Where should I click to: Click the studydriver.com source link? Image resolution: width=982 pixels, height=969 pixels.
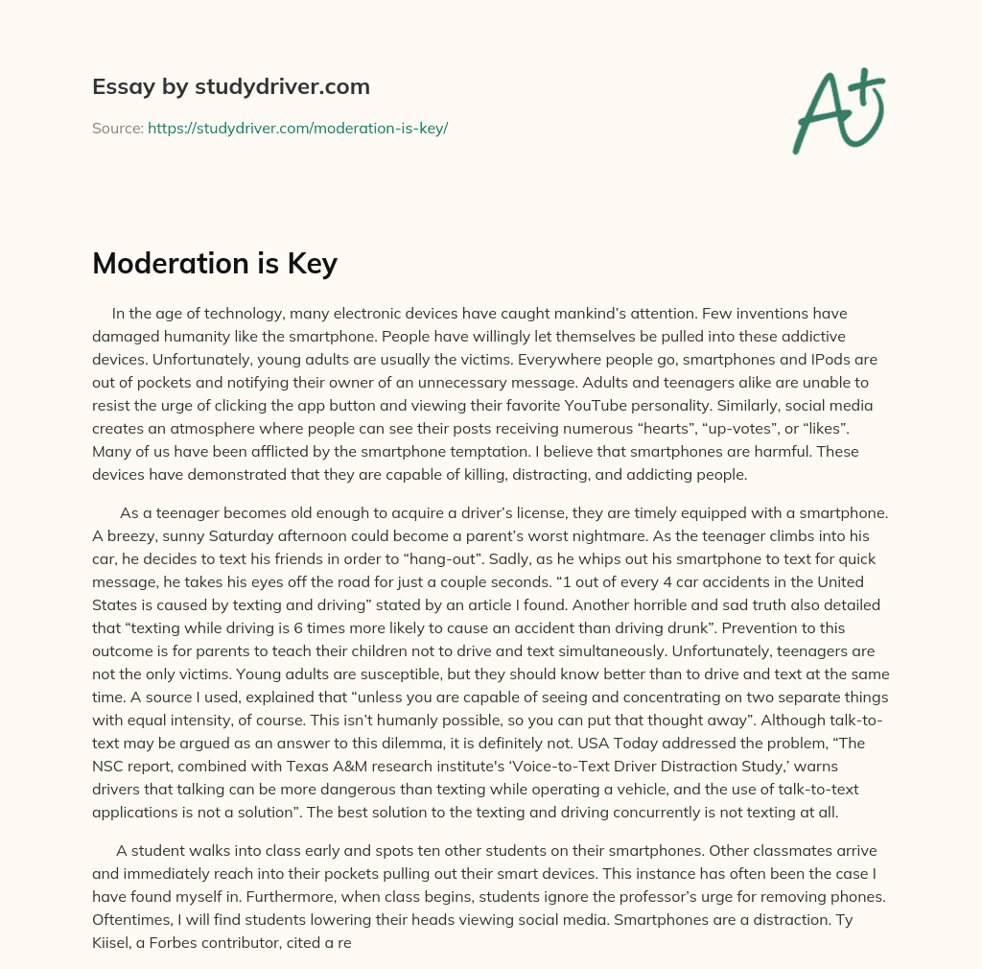coord(297,128)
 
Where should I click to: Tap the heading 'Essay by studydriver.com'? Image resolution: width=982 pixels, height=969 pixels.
coord(230,86)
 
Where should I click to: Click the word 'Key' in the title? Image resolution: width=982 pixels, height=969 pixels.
coord(313,264)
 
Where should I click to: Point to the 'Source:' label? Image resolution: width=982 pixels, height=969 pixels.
coord(118,128)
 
